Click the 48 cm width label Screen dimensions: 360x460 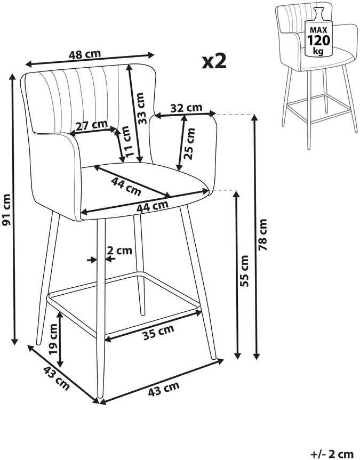click(x=85, y=54)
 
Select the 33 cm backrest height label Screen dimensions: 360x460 click(x=141, y=109)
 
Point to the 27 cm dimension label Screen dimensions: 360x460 click(x=91, y=125)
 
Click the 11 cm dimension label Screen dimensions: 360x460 click(x=127, y=141)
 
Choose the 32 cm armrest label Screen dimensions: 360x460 click(x=187, y=108)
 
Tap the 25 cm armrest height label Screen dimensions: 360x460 click(x=190, y=144)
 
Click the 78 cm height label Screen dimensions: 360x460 click(x=262, y=235)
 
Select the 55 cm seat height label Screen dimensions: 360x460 click(x=244, y=271)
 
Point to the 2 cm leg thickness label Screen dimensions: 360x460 click(x=119, y=251)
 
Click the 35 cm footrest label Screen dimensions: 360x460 click(x=158, y=333)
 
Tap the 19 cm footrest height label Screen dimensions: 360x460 click(x=53, y=339)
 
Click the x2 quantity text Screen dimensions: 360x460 click(x=214, y=61)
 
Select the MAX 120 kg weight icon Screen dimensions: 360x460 click(x=318, y=33)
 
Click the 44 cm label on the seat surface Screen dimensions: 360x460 click(x=126, y=187)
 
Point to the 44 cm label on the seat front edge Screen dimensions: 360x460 click(x=153, y=206)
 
